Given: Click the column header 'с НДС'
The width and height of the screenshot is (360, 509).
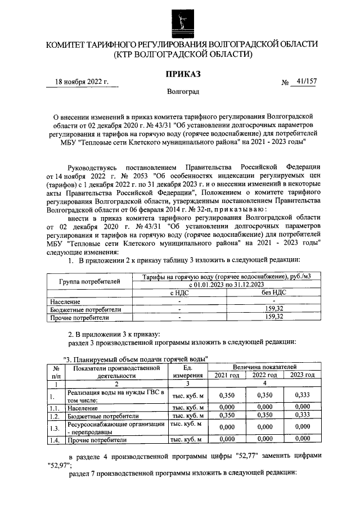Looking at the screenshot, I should (179, 293).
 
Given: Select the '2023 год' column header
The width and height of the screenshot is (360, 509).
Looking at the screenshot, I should (301, 375).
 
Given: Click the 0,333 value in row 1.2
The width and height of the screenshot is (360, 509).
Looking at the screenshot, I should (301, 416).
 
